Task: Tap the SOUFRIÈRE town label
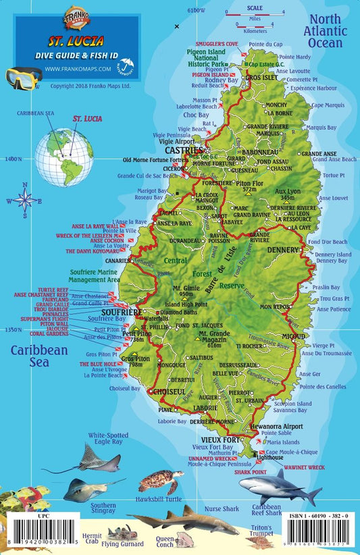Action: (x=121, y=313)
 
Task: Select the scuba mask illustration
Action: (x=24, y=79)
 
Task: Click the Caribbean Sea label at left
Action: (x=38, y=356)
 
